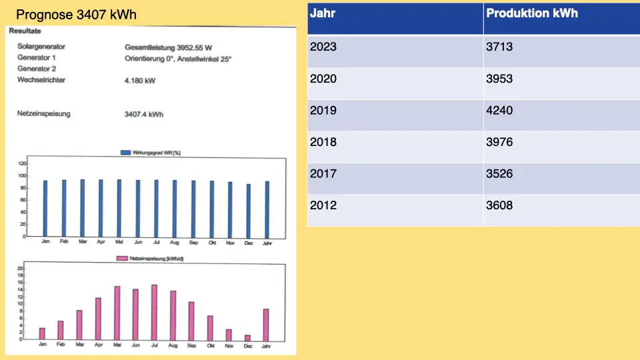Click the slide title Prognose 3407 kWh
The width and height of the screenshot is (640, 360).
pos(76,14)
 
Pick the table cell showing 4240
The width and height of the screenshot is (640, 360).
pos(499,111)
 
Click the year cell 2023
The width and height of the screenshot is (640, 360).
pos(323,47)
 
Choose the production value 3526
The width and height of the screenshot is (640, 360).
pos(499,174)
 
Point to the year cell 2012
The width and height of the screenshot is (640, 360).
pos(323,205)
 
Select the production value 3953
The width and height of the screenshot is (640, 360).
pos(499,79)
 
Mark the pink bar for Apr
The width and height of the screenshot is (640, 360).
pos(98,319)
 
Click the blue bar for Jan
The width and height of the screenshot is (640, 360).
pos(45,208)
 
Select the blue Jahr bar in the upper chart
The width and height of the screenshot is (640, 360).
pos(267,209)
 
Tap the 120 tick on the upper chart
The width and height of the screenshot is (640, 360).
pos(22,163)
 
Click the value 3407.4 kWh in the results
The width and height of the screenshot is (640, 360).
pos(143,115)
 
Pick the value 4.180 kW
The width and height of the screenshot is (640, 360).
pos(139,81)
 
